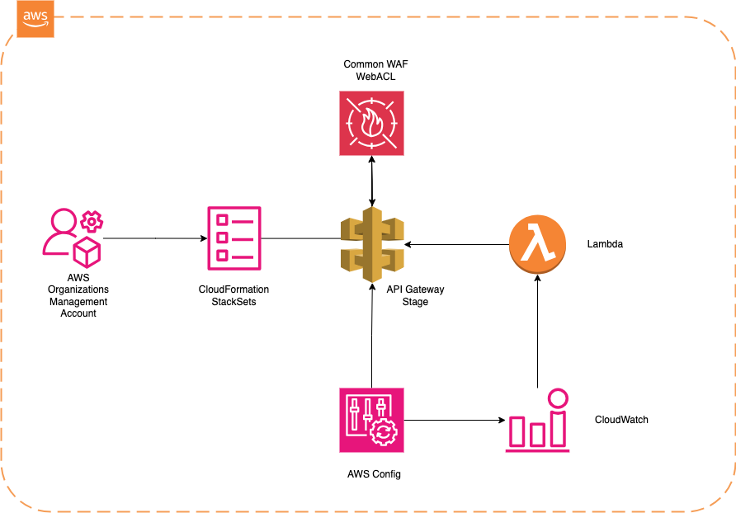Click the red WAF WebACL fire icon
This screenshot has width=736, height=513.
coord(371,123)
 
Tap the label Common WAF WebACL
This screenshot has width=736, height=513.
coord(371,70)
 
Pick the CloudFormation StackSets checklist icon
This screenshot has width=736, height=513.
coord(234,238)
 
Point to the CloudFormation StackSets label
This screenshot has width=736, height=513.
coord(234,295)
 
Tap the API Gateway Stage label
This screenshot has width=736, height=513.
coord(415,295)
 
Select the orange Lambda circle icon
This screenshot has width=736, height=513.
coord(538,243)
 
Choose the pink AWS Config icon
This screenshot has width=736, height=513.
coord(372,421)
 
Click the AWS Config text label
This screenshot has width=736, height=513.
coord(374,475)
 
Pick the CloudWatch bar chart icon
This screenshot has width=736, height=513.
coord(538,421)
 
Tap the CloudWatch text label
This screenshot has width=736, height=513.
coord(621,420)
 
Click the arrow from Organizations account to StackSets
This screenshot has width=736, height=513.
coord(155,238)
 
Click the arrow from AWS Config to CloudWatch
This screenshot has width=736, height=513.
coord(455,421)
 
